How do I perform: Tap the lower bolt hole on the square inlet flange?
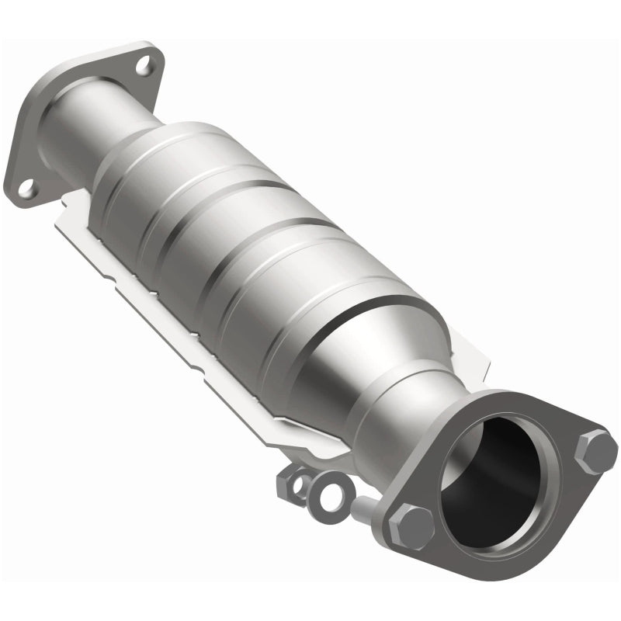27,187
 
